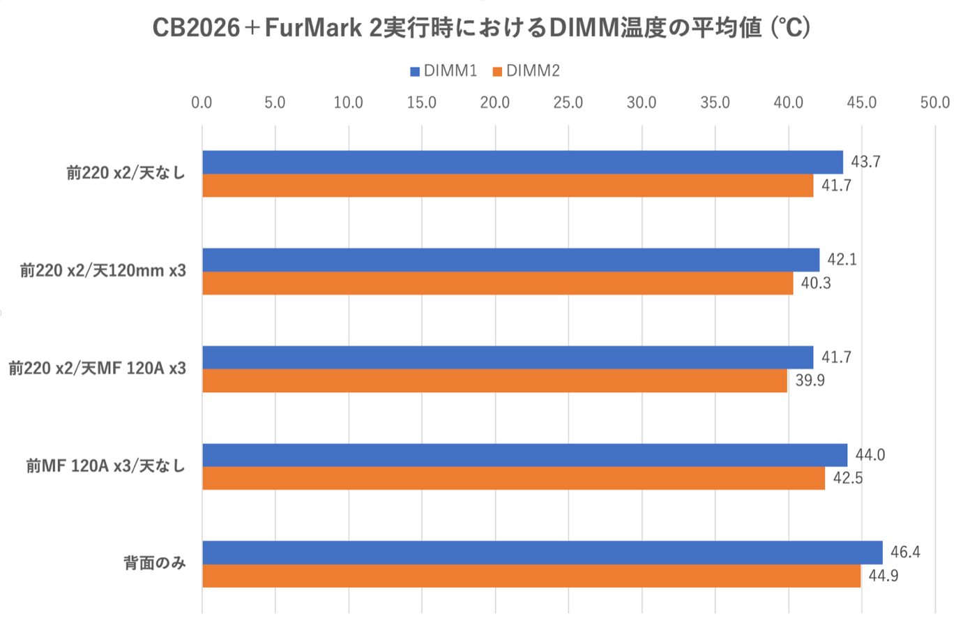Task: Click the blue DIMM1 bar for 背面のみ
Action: (542, 553)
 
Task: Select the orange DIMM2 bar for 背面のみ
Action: (531, 576)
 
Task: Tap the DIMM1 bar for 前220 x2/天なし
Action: (522, 162)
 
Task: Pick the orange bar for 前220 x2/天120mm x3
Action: (497, 283)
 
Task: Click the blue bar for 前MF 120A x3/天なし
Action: (524, 455)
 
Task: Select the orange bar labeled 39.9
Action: (494, 381)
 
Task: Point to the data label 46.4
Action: (905, 553)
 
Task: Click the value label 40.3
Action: (816, 283)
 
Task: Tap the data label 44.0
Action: (870, 455)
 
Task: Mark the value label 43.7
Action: (866, 162)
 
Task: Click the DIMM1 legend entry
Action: (443, 71)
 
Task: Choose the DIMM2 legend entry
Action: (526, 71)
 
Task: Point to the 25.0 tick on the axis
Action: (568, 103)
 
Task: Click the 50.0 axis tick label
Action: (935, 103)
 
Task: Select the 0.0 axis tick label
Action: (202, 103)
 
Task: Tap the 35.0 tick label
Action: (715, 103)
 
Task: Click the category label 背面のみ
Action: (155, 564)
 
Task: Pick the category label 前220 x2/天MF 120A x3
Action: (98, 368)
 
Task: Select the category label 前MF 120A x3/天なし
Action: (106, 466)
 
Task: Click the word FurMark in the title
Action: (313, 29)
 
